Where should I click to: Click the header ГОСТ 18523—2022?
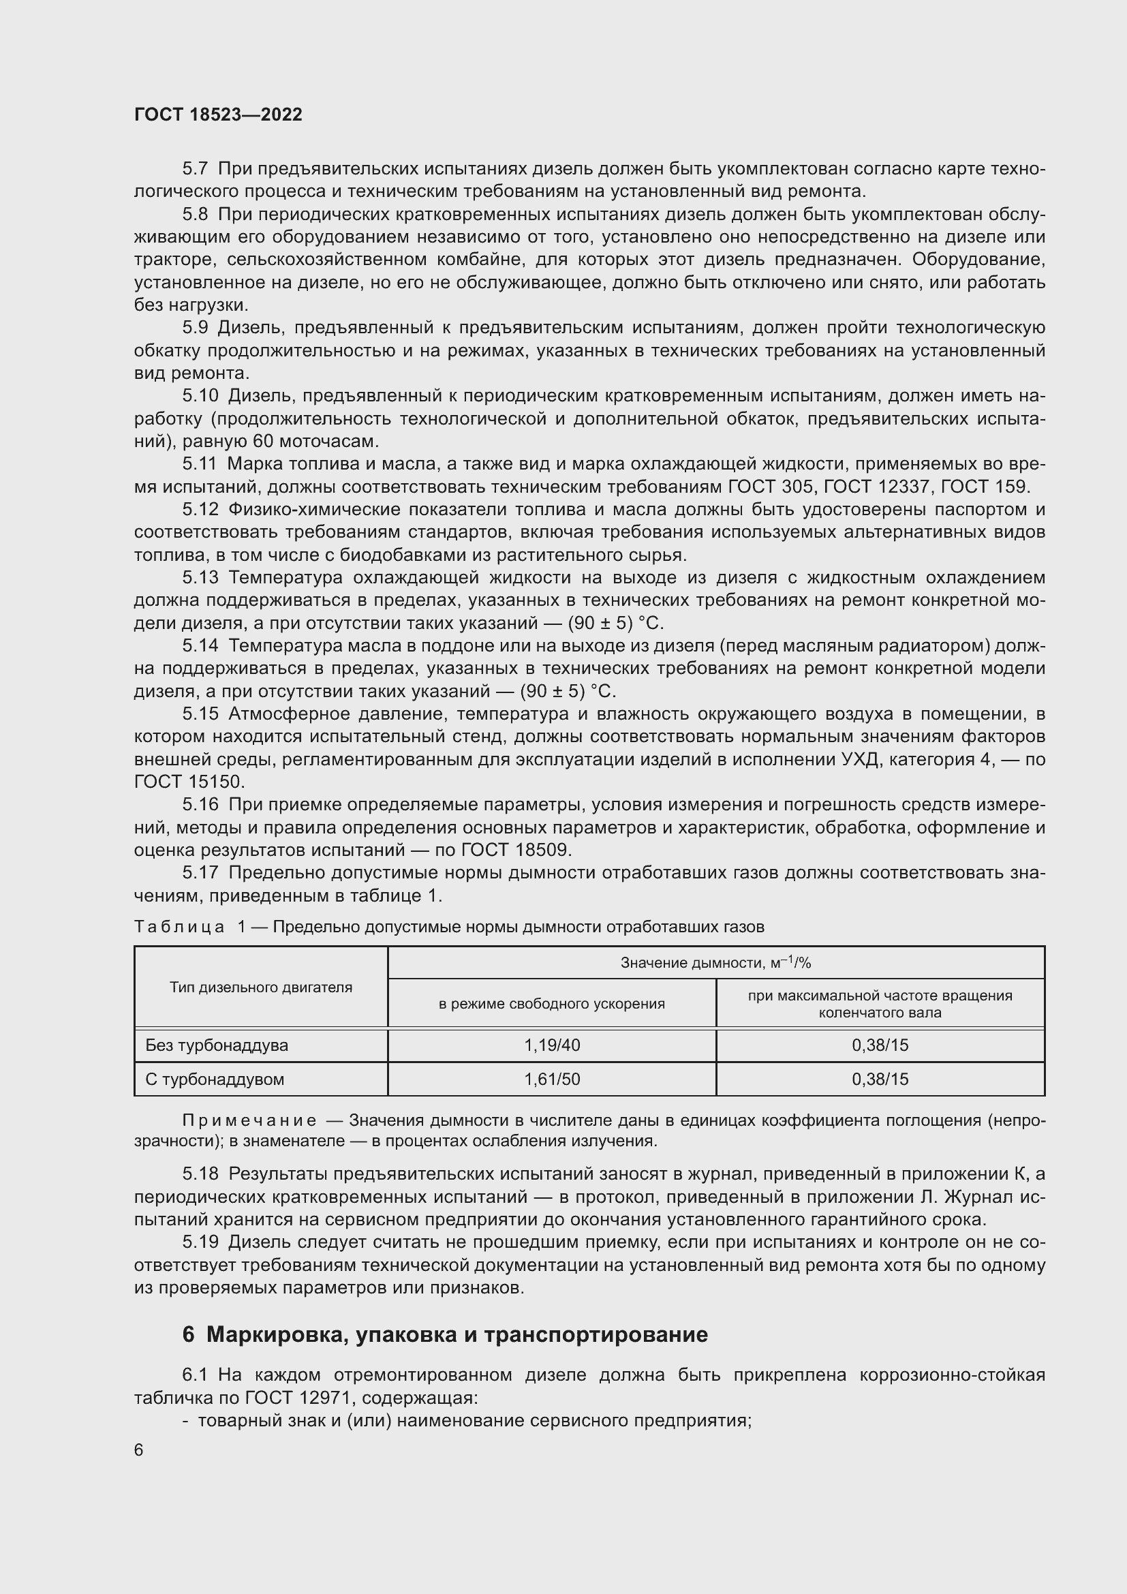click(218, 114)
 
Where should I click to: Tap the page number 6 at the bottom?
click(139, 1450)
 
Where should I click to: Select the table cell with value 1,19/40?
click(552, 1045)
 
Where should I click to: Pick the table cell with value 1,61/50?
click(552, 1079)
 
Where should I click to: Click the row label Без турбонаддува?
click(217, 1045)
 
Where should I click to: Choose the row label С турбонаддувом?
click(215, 1079)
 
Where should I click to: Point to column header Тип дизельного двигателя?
click(261, 987)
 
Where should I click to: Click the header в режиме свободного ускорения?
click(552, 1003)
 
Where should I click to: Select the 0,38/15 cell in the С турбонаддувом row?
click(880, 1079)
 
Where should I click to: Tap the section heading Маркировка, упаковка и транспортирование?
click(457, 1334)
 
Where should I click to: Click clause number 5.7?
click(195, 169)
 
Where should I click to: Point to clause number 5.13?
click(200, 578)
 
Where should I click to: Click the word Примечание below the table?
click(249, 1120)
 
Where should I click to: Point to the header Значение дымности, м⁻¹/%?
click(715, 962)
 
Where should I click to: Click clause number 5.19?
click(200, 1242)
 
